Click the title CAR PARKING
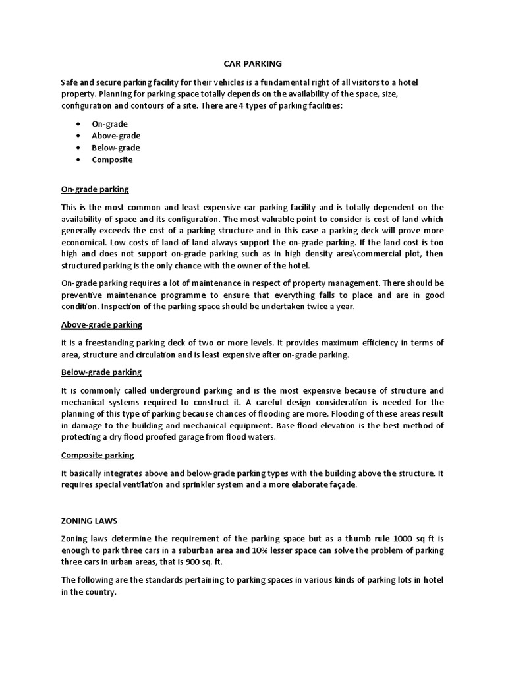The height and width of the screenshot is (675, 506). (250, 64)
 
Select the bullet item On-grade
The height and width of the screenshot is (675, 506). (109, 124)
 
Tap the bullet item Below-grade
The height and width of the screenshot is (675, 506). (116, 148)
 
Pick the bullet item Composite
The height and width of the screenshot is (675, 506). (112, 160)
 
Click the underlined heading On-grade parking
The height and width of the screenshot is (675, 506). (95, 190)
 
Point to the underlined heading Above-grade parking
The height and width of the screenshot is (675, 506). (101, 325)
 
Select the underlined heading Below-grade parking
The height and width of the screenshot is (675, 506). (101, 372)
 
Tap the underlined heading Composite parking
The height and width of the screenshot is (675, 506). (98, 455)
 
